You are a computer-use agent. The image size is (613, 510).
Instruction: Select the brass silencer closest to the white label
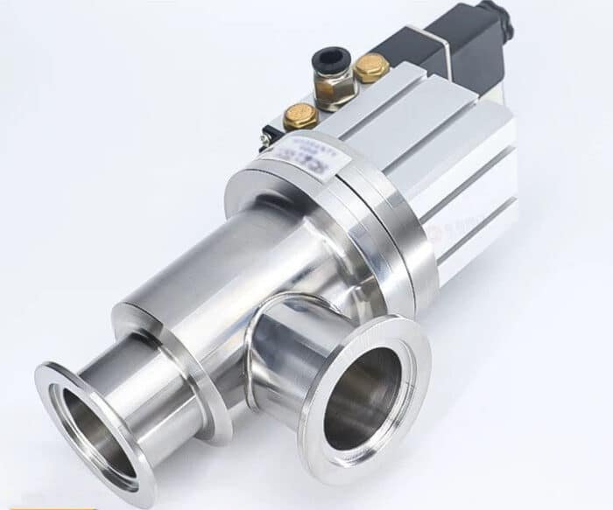point(301,115)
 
